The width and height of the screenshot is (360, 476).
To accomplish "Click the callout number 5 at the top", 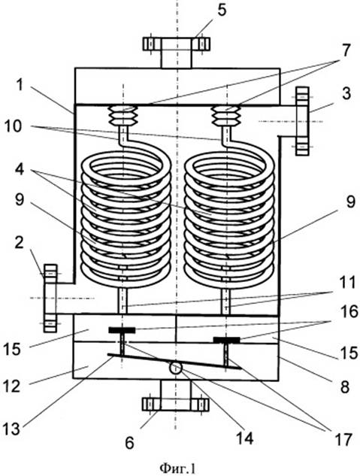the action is coord(222,11).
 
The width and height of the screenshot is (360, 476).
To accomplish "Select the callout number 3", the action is coord(346,93).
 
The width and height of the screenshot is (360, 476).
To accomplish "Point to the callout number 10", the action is coord(13,126).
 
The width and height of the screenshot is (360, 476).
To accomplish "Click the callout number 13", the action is coord(11,429).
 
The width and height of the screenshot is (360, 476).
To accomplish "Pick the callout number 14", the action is coord(244,438).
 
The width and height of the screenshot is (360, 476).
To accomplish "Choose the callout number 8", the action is coord(345,387).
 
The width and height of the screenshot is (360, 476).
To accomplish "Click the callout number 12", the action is coord(12,387).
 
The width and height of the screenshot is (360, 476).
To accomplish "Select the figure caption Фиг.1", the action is coord(177,468).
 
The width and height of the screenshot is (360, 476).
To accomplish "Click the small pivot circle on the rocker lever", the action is coord(176,368).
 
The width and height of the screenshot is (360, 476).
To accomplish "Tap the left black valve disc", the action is coord(122,330).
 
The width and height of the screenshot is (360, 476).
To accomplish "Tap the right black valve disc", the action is coord(226,340).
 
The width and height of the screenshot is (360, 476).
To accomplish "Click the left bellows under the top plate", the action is coord(123,115).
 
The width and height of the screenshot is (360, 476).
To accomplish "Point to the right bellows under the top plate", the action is coord(226,115).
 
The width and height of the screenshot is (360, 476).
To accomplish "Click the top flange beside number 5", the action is coord(176,44).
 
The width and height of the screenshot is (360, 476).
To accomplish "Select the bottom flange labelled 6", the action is coord(176,405).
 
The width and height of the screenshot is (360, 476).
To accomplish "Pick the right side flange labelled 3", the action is coord(302,121).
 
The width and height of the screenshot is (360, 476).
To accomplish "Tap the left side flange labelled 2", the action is coord(50,298).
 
